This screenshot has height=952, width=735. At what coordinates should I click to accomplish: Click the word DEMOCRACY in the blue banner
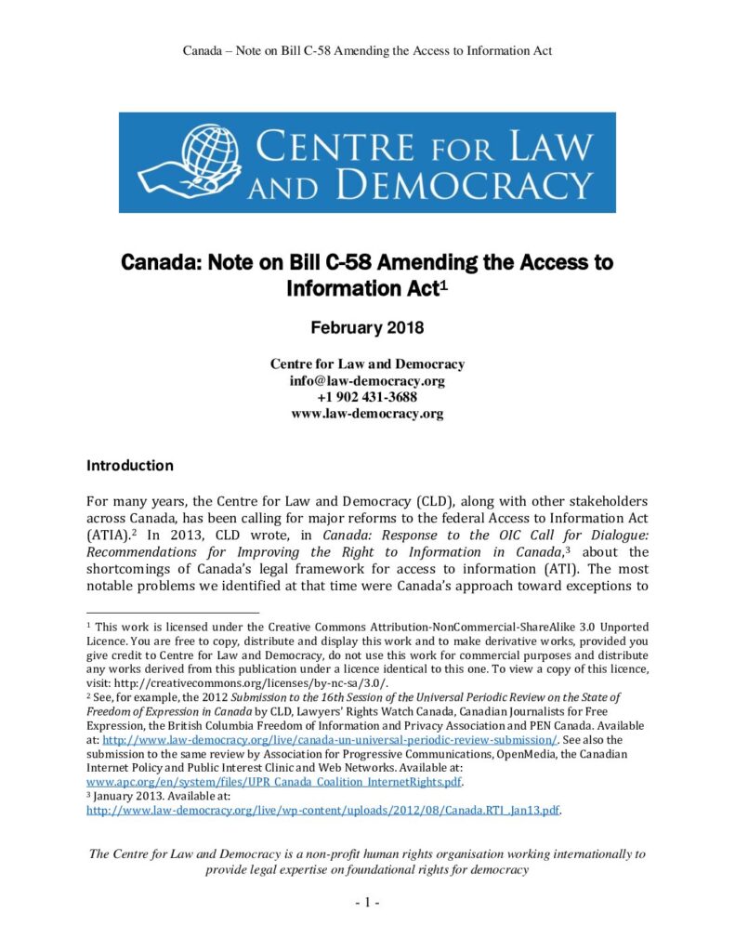465,184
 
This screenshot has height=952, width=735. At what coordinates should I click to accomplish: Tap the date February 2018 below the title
367,328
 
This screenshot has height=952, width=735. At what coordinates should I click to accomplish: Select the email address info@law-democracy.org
367,380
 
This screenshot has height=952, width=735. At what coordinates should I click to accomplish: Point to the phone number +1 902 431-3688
367,397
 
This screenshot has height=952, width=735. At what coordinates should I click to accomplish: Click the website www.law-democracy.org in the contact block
367,414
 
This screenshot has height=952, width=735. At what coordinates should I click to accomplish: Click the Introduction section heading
130,464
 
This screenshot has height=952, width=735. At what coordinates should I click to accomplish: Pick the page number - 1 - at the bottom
367,903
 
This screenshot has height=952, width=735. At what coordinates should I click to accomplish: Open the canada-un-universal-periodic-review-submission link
330,739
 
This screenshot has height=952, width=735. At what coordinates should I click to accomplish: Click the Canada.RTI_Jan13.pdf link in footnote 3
324,810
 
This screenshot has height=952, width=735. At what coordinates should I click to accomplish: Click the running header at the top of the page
367,50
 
